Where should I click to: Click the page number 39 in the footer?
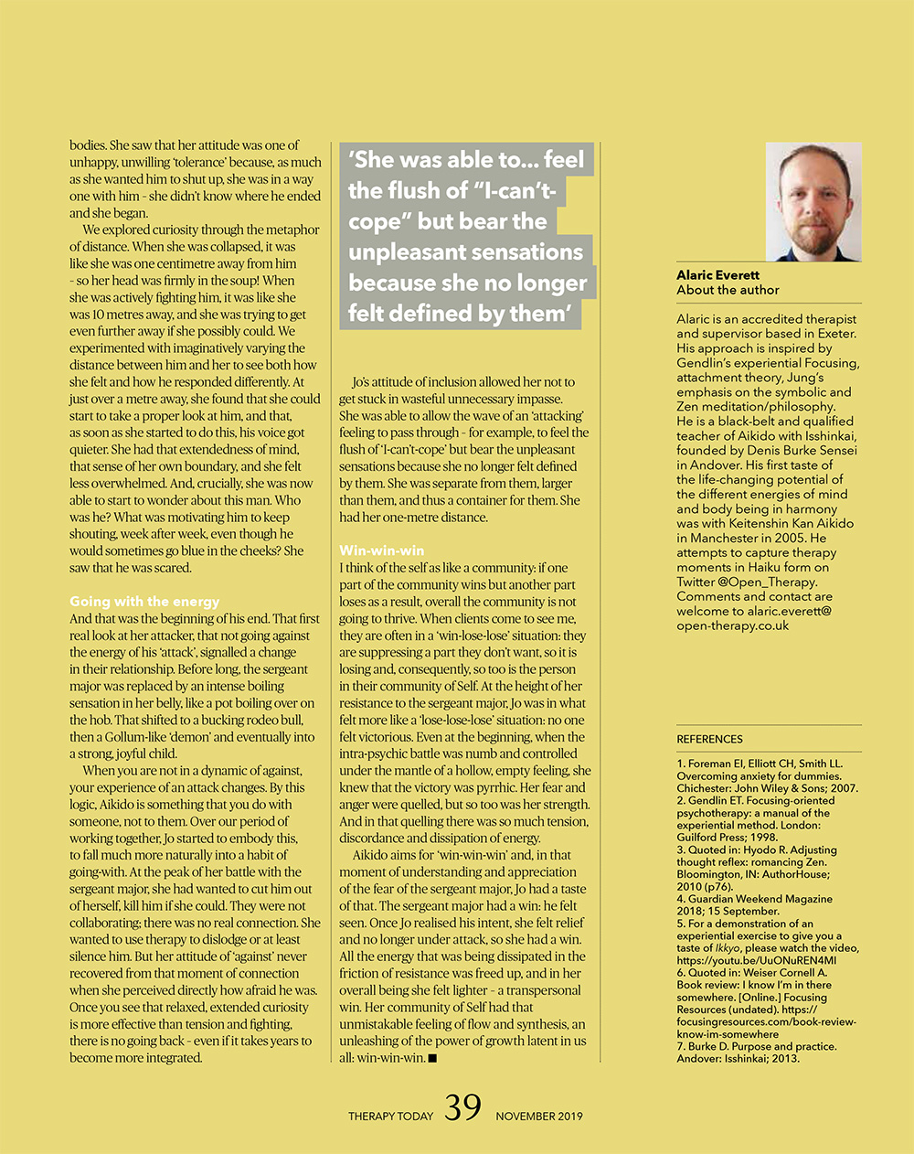pyautogui.click(x=462, y=1108)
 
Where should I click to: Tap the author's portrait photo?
pyautogui.click(x=813, y=201)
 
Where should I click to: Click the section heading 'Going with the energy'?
pyautogui.click(x=144, y=602)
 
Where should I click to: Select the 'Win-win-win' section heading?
pyautogui.click(x=381, y=550)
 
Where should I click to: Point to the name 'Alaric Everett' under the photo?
pyautogui.click(x=717, y=275)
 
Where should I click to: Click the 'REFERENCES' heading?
pyautogui.click(x=709, y=739)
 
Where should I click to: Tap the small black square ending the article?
pyautogui.click(x=432, y=1058)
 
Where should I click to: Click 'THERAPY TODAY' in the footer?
pyautogui.click(x=390, y=1116)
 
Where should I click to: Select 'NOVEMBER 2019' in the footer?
pyautogui.click(x=539, y=1116)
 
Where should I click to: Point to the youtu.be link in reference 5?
pyautogui.click(x=756, y=960)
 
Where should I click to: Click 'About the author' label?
pyautogui.click(x=728, y=290)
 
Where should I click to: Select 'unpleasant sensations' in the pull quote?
pyautogui.click(x=465, y=252)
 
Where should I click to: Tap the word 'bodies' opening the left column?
pyautogui.click(x=87, y=144)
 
